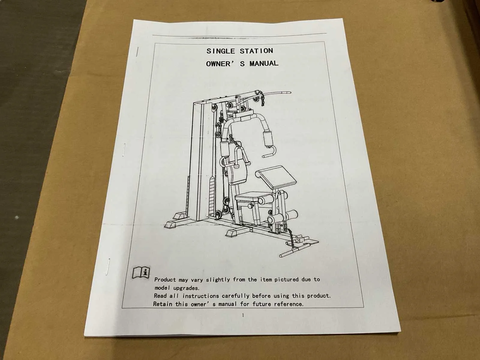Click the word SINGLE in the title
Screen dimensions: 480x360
click(x=220, y=51)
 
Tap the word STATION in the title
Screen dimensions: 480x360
click(x=256, y=51)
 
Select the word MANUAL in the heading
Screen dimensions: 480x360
click(x=264, y=64)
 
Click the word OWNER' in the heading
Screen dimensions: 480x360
click(x=218, y=64)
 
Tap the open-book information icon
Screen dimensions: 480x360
click(x=141, y=272)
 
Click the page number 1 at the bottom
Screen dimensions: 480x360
click(x=243, y=315)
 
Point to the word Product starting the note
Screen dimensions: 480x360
click(x=165, y=280)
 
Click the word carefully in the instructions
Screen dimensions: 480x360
click(x=235, y=296)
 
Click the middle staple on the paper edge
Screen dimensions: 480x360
click(x=124, y=150)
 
